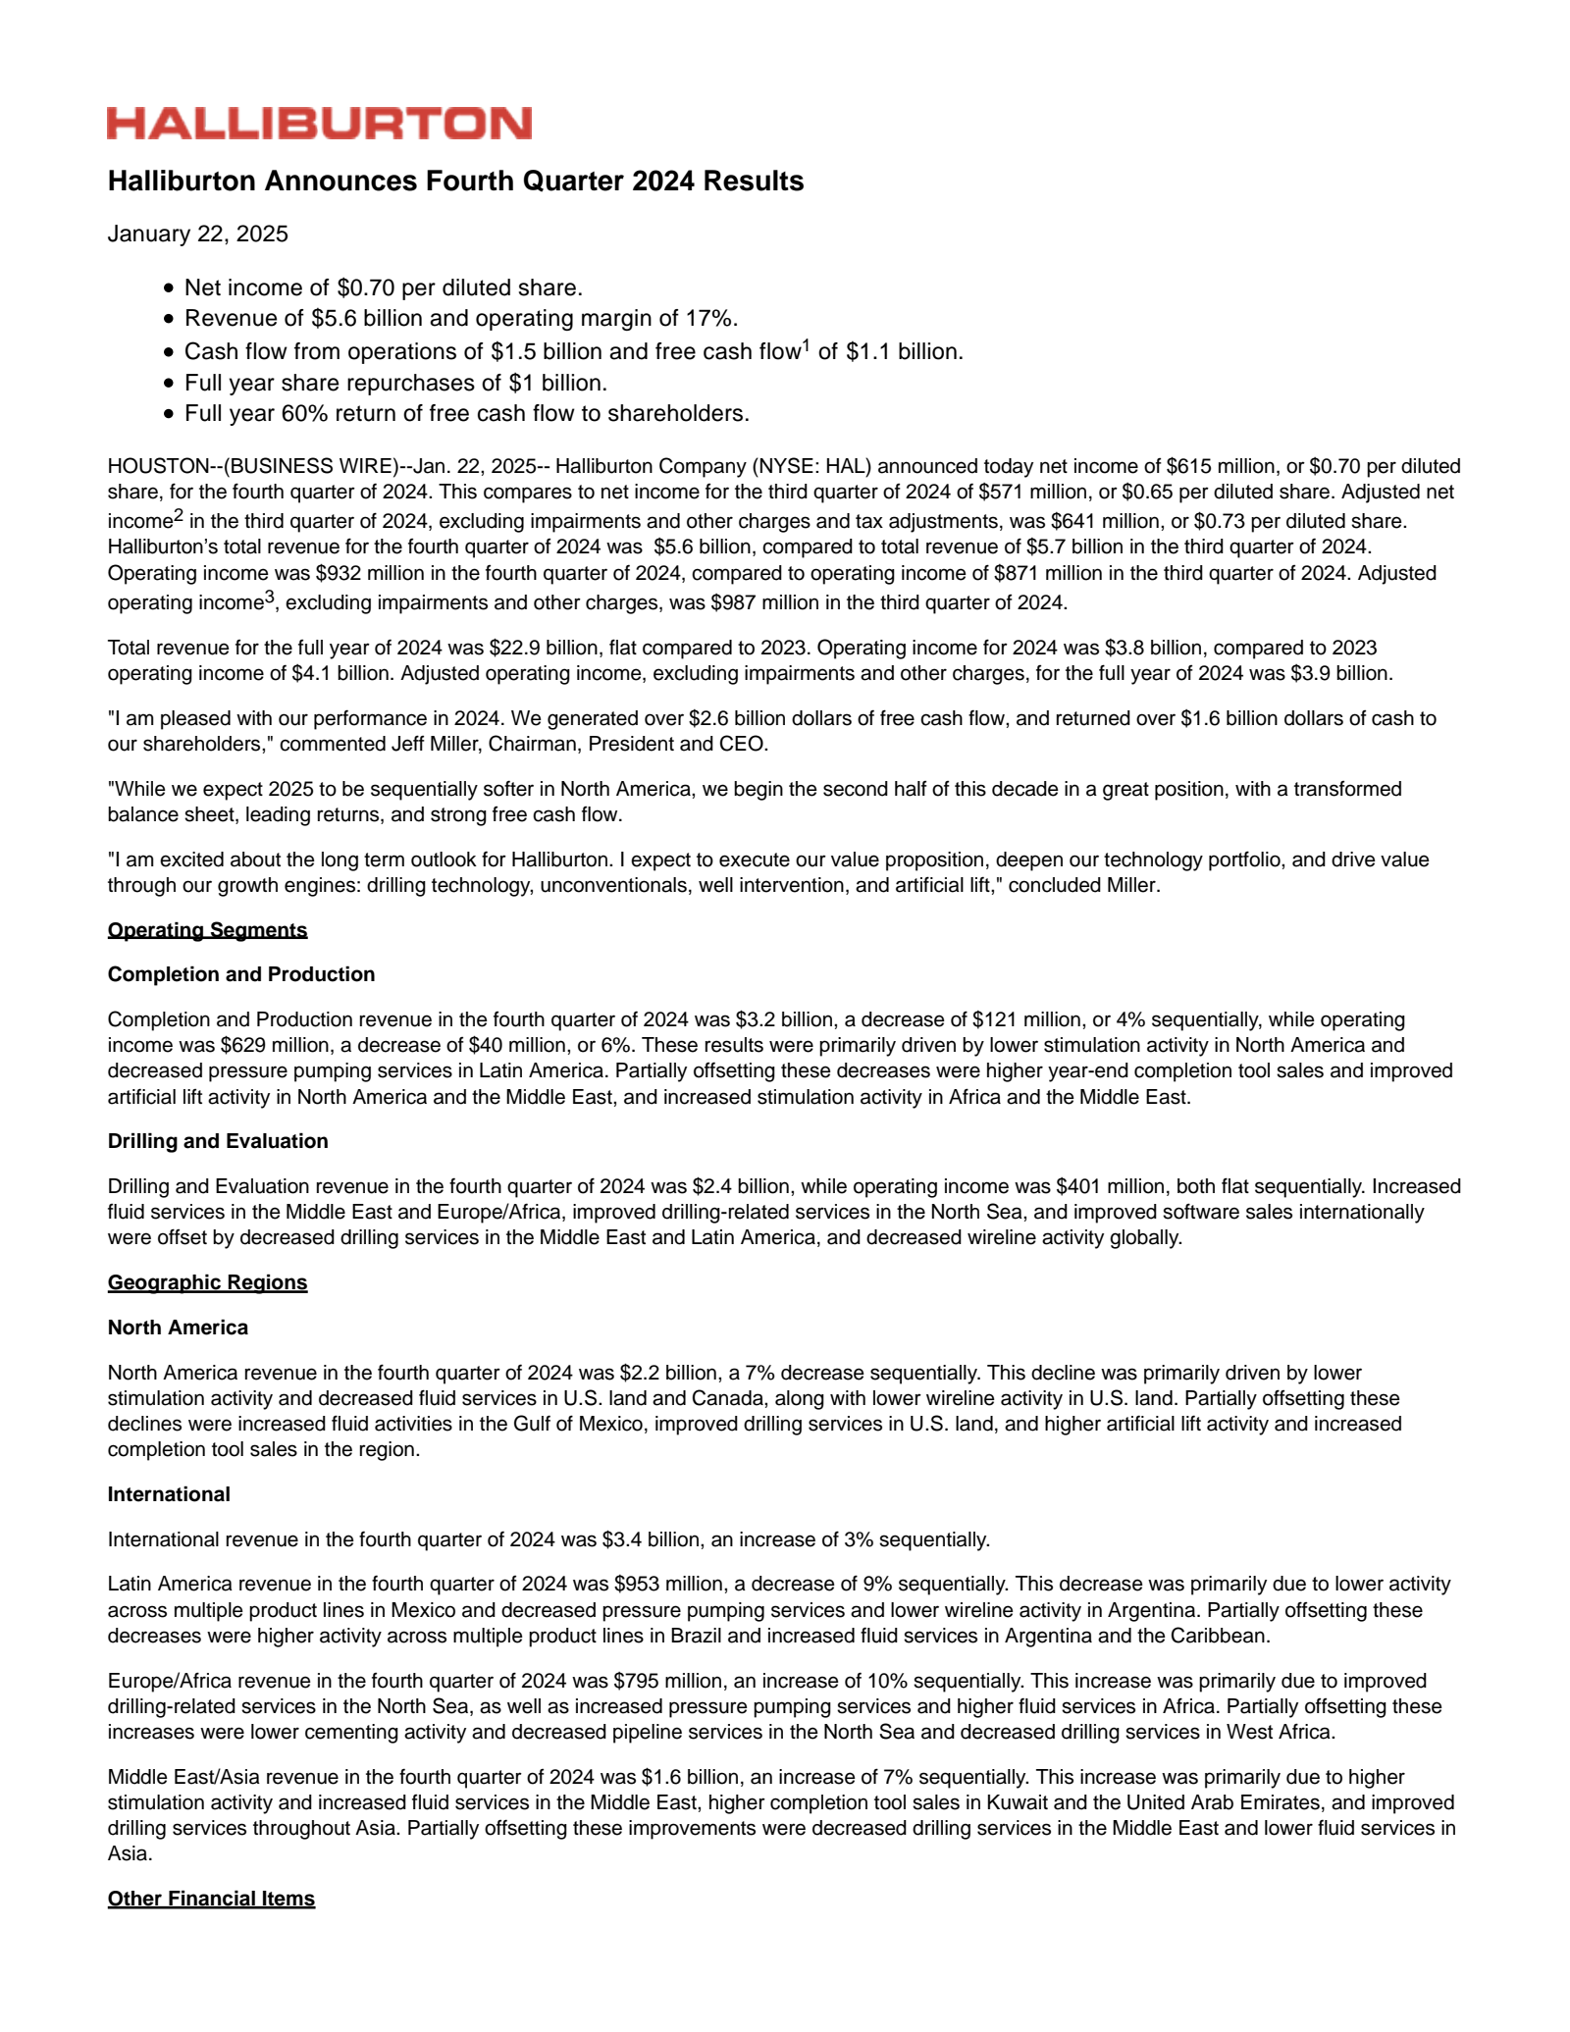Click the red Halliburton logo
[319, 124]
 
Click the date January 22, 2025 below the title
[197, 234]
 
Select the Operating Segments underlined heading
[207, 930]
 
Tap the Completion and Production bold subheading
[241, 974]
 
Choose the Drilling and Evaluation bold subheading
[218, 1141]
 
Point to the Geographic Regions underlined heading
[207, 1282]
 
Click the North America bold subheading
[178, 1328]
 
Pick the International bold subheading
[169, 1494]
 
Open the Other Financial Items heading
[211, 1899]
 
